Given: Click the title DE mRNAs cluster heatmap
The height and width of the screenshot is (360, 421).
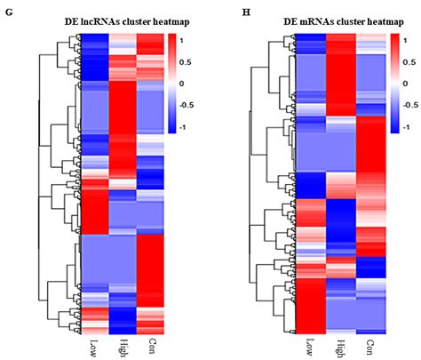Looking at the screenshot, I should pos(321,20).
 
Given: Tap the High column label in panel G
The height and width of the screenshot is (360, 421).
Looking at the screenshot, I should pos(123,346).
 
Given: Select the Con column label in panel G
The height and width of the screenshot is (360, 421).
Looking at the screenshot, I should pos(151,344).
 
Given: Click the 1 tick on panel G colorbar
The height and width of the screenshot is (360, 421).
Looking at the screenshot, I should pos(182,40).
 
